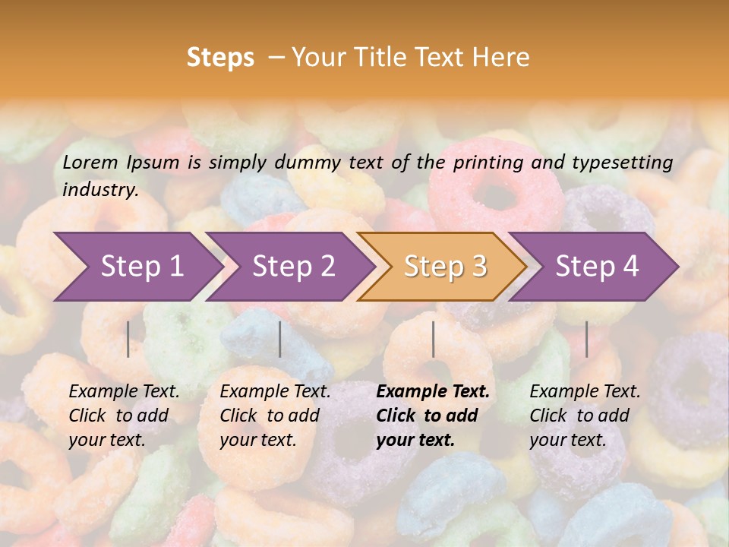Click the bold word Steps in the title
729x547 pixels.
220,58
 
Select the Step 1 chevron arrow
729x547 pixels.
137,267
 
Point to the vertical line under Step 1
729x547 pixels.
128,339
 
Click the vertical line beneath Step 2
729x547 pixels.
280,339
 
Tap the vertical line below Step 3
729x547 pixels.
434,339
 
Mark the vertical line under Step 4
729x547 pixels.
587,339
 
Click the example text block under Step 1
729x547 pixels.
124,416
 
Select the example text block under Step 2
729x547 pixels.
275,416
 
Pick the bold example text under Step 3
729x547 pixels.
433,416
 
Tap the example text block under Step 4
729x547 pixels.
585,416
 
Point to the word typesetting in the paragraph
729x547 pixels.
622,162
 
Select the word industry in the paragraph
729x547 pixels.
99,190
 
